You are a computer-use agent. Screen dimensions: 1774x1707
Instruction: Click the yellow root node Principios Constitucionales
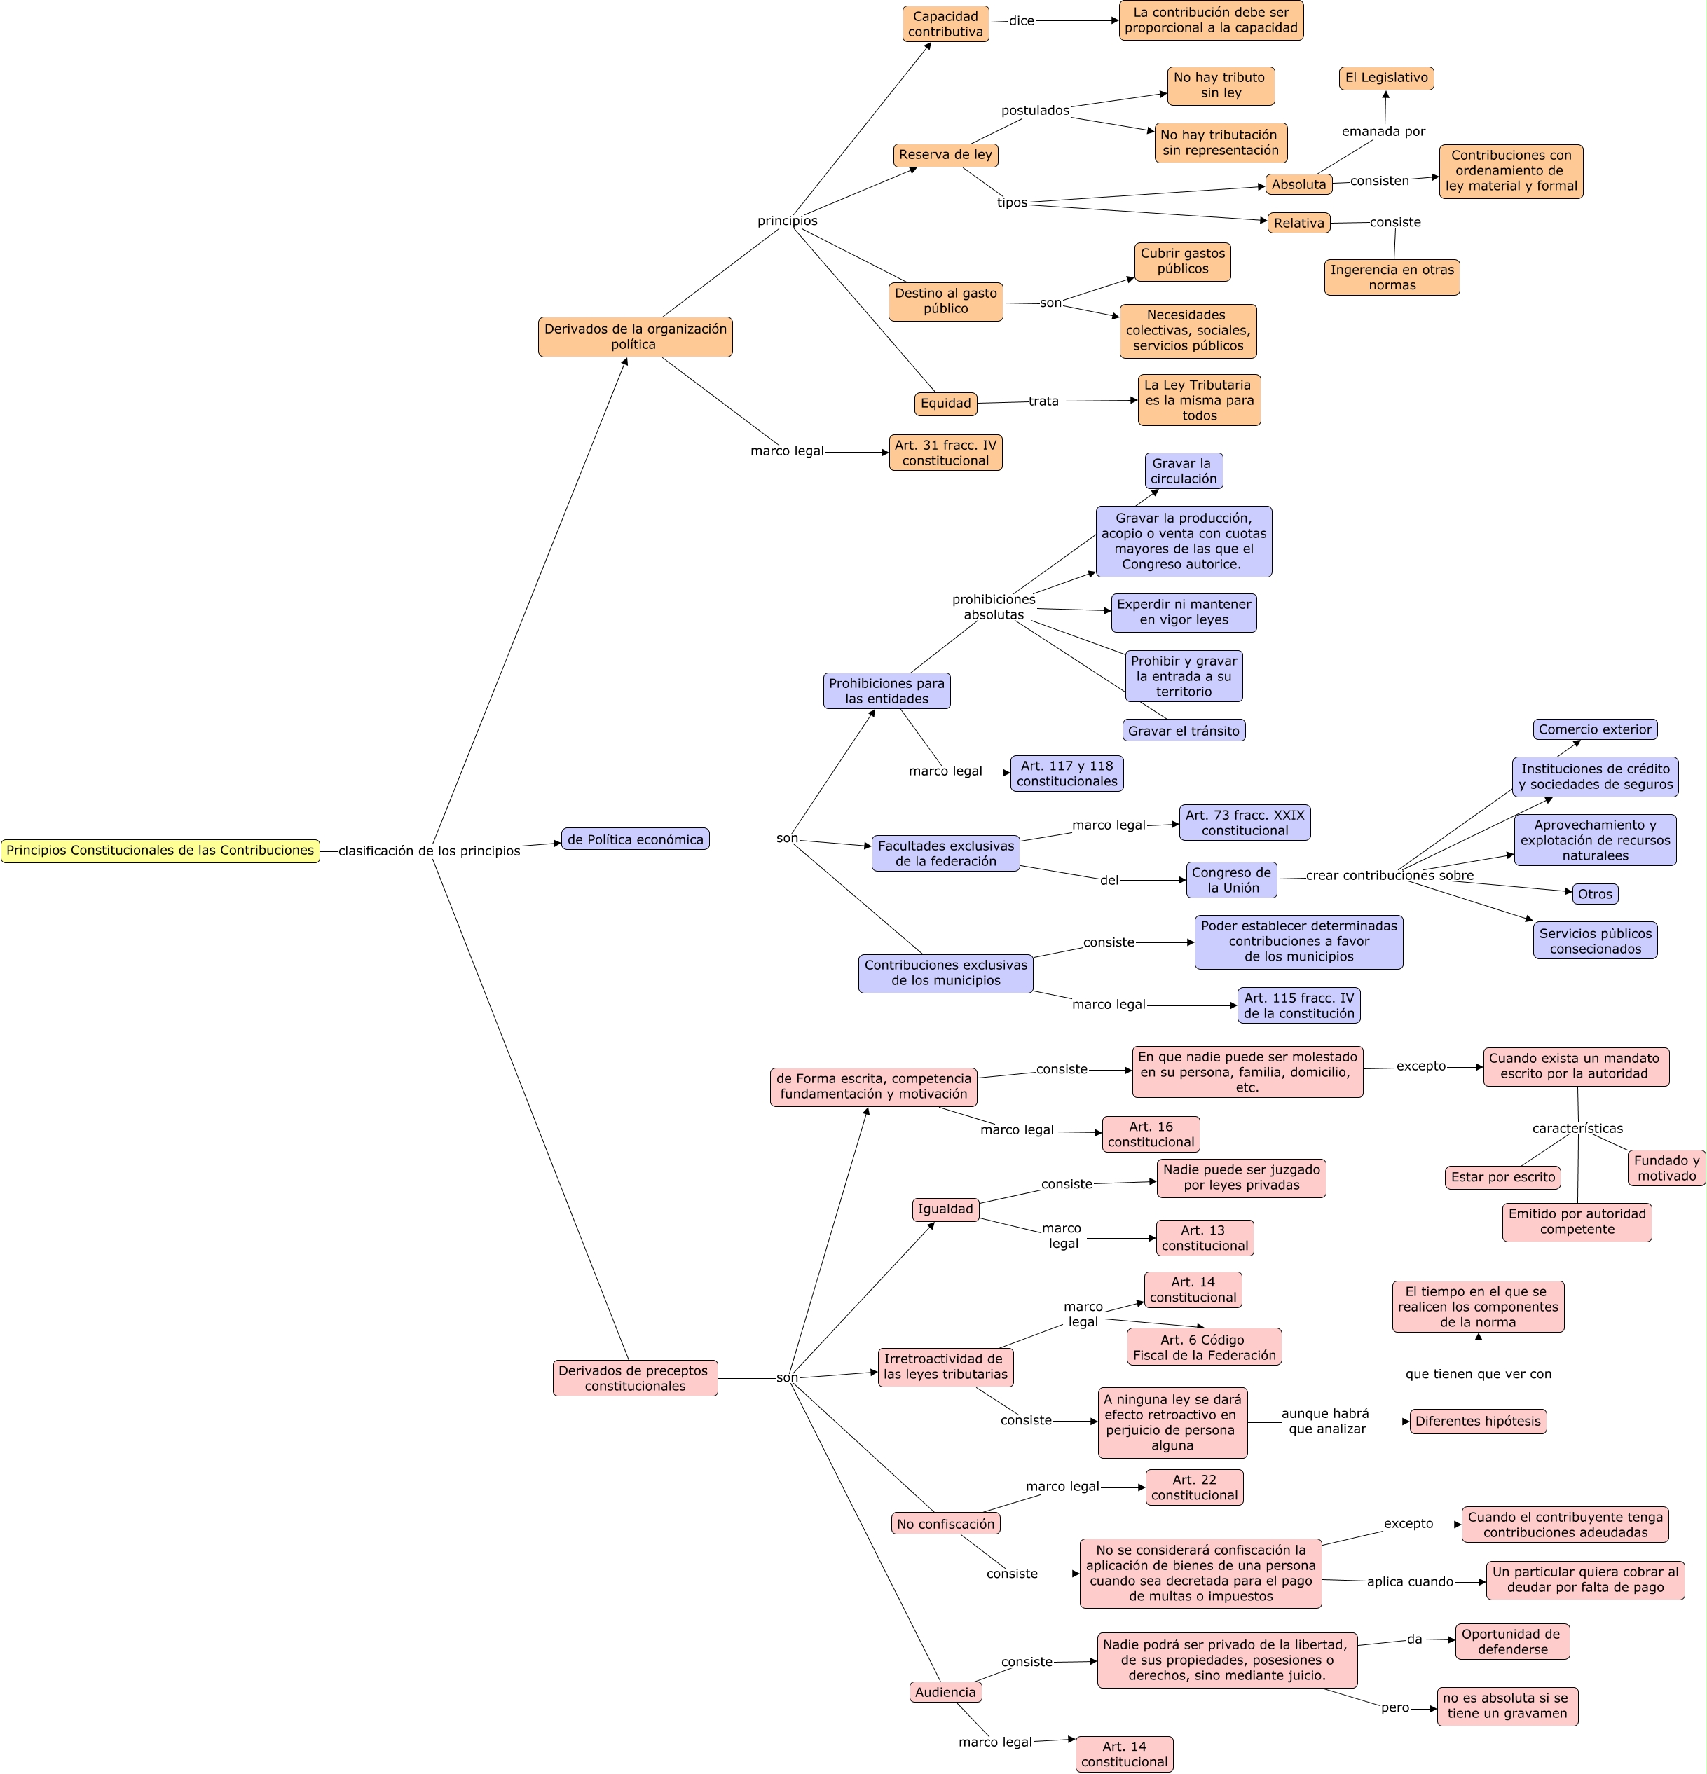tap(160, 851)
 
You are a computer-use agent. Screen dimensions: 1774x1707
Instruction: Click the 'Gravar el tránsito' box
tap(1183, 731)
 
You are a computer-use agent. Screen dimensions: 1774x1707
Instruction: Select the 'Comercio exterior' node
tap(1595, 729)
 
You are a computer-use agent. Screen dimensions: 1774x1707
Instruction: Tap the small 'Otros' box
tap(1595, 894)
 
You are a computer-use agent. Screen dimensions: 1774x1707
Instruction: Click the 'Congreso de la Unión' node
tap(1231, 880)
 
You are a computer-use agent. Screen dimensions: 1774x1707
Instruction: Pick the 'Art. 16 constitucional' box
tap(1151, 1134)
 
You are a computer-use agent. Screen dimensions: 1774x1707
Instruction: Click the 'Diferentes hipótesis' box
tap(1477, 1421)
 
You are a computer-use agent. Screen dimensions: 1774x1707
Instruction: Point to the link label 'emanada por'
tap(1383, 131)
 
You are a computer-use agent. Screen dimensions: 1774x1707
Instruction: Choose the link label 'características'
tap(1577, 1129)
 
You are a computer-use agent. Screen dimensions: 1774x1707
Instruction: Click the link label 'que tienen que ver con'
tap(1478, 1374)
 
